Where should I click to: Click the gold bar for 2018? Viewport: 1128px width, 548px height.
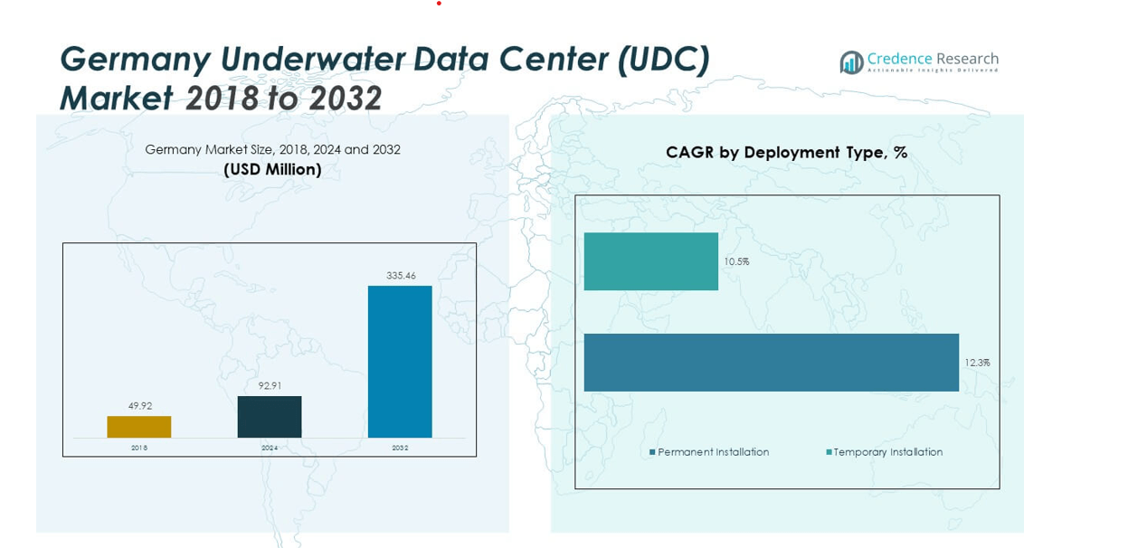138,427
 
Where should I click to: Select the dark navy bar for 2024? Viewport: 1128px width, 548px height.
270,417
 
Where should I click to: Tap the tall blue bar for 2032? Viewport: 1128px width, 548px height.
400,362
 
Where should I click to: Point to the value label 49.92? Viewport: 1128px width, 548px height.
139,406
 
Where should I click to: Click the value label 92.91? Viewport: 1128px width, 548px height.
270,386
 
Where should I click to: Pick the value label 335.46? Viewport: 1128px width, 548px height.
400,276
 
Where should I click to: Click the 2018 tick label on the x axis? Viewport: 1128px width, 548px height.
139,448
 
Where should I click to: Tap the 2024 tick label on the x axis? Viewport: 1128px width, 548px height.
270,448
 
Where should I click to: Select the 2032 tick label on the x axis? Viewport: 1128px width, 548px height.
400,448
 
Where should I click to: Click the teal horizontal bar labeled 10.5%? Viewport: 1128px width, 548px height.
650,261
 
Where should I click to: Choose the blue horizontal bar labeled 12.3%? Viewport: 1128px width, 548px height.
771,363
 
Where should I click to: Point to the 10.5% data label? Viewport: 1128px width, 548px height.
736,262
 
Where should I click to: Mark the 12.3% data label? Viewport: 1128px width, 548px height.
977,363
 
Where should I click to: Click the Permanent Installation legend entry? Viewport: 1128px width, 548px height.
709,452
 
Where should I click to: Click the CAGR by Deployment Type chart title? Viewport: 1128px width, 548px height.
786,153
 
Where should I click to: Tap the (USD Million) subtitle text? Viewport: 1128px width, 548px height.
272,170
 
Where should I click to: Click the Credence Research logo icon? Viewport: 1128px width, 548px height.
851,62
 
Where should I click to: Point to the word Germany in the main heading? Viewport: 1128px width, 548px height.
136,60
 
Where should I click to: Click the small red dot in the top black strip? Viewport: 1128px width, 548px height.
439,4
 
